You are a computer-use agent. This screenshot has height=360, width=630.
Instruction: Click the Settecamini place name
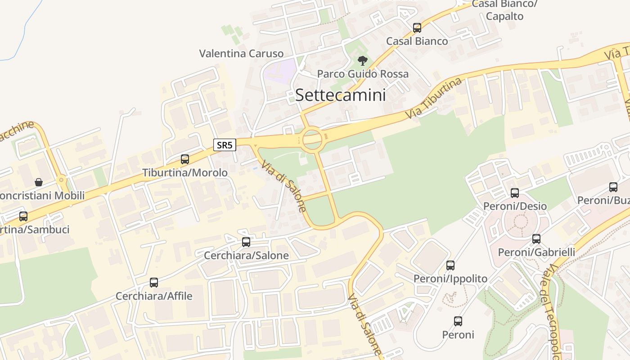click(340, 95)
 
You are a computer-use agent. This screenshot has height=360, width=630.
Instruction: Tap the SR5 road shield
click(225, 145)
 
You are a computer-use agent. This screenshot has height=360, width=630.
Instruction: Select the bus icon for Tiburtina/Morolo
click(185, 159)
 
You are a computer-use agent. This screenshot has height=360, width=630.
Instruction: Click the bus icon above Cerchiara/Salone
click(246, 242)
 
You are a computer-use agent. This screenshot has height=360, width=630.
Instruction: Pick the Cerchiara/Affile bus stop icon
click(154, 283)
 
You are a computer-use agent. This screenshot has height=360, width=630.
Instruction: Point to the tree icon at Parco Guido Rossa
click(362, 60)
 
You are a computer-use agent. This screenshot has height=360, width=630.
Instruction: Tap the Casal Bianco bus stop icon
click(417, 27)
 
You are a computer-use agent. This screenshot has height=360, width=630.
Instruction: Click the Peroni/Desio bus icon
click(515, 193)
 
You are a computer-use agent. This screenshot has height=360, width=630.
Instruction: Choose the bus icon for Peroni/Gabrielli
click(536, 238)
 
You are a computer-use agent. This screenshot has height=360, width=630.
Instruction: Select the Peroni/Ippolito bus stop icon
click(450, 265)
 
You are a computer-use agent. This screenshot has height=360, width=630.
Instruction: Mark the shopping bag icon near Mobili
click(39, 182)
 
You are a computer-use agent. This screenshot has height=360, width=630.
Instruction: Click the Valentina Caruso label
click(241, 54)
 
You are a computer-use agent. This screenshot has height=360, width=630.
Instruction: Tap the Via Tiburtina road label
click(434, 98)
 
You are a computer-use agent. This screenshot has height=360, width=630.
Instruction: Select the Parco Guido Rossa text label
click(363, 74)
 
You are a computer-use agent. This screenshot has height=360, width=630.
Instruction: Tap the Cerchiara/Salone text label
click(246, 256)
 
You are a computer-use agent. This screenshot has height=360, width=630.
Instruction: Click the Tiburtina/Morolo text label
click(185, 173)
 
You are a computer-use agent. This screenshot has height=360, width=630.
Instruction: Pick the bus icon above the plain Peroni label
click(458, 321)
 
